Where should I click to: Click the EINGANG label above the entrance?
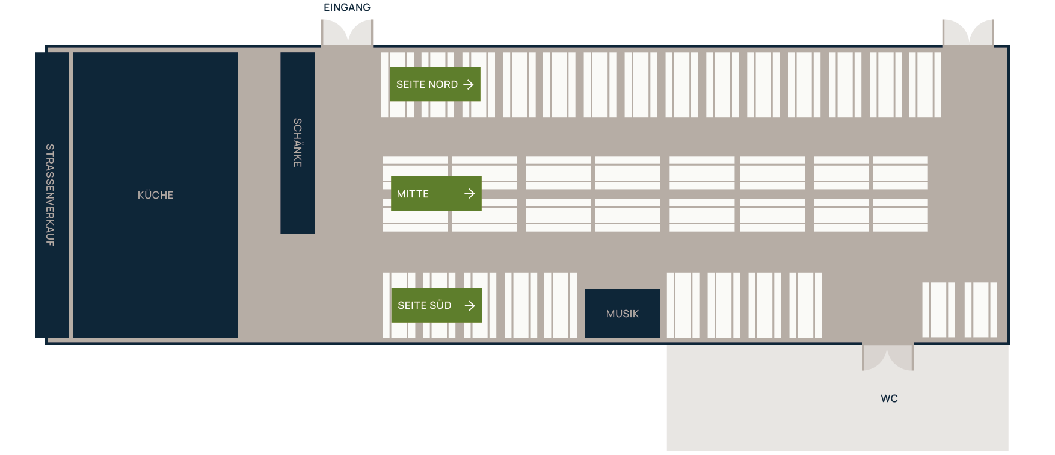(x=347, y=8)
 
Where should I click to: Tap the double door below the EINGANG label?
(x=347, y=32)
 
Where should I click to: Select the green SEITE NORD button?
(x=435, y=84)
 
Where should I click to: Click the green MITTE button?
(x=436, y=193)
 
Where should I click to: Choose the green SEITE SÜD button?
(x=436, y=305)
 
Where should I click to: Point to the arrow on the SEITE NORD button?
(x=469, y=85)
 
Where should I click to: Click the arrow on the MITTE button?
(x=470, y=193)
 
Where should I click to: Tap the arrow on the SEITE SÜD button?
(x=470, y=306)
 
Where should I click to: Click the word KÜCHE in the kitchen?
(x=155, y=195)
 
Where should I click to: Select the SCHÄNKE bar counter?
(x=298, y=143)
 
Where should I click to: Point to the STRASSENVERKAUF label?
(x=50, y=195)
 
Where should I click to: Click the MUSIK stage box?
(x=623, y=313)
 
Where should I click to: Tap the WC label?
(x=889, y=398)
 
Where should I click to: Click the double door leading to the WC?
(x=888, y=357)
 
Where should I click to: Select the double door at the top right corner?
(x=968, y=32)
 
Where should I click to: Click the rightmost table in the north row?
(x=925, y=85)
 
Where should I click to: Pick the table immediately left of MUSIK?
(x=561, y=305)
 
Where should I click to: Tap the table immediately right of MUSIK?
(x=683, y=305)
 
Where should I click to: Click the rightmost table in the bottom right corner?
(x=981, y=310)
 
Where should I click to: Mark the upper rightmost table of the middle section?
(x=900, y=173)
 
